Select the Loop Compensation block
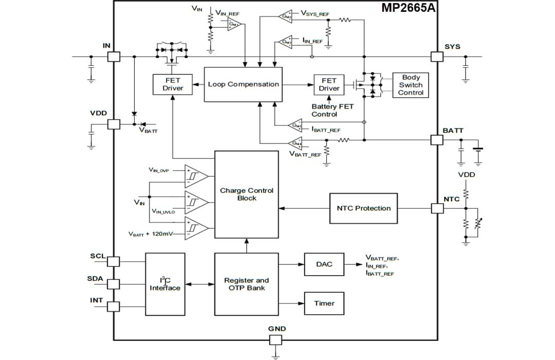click(243, 84)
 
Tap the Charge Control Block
click(246, 194)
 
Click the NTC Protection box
click(363, 208)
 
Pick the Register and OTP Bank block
click(246, 284)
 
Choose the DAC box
click(324, 264)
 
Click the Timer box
click(324, 303)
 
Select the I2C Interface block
click(165, 284)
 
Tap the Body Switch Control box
click(411, 85)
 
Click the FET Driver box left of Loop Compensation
click(173, 84)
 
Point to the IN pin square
click(114, 57)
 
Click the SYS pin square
click(436, 57)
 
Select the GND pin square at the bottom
click(276, 340)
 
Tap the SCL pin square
click(114, 261)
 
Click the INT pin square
click(114, 307)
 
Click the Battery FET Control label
click(332, 110)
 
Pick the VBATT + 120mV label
click(151, 234)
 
